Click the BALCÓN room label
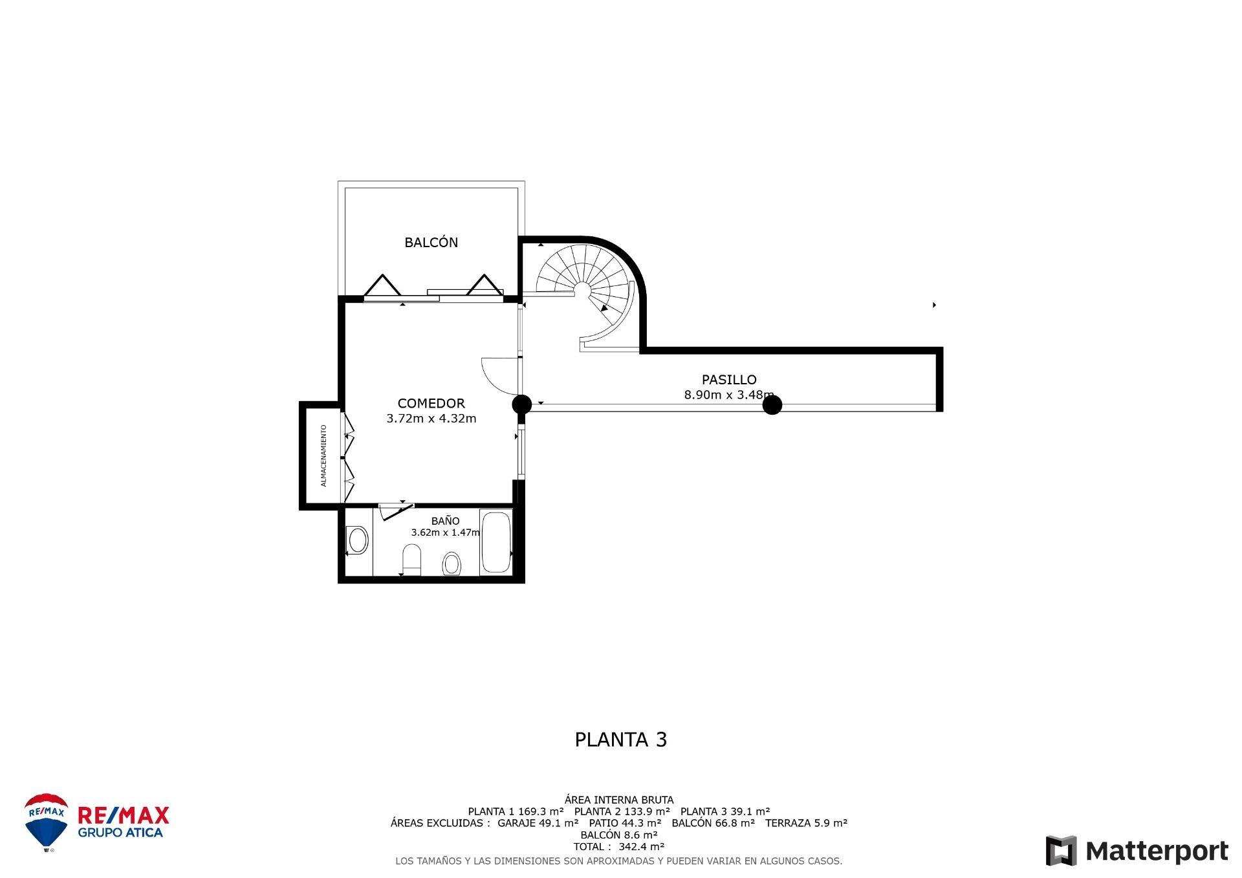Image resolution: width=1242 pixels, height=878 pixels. click(x=431, y=243)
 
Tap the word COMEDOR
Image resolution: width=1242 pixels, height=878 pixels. click(x=431, y=404)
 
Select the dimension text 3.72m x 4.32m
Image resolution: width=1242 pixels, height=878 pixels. click(x=431, y=419)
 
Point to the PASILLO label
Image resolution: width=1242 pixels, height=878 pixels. click(x=729, y=380)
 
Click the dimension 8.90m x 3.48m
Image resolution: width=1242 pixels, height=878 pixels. click(x=728, y=395)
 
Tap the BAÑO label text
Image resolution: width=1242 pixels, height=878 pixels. click(x=445, y=521)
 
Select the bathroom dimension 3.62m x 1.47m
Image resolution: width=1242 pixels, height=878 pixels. click(x=445, y=532)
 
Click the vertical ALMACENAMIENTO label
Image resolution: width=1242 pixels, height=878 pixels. click(x=323, y=455)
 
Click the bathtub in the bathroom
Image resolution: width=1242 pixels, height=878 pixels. click(x=496, y=542)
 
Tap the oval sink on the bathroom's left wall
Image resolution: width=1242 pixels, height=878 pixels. click(x=357, y=540)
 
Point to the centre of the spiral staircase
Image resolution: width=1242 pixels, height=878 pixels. click(x=582, y=289)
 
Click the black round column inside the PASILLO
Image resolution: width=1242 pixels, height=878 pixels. click(x=772, y=405)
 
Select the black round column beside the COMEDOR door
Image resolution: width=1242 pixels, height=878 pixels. click(x=521, y=405)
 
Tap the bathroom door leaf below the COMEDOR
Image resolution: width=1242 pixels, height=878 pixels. click(x=396, y=511)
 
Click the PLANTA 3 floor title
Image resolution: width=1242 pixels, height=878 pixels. click(x=620, y=740)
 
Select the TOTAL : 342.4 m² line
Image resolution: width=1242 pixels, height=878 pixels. click(x=618, y=846)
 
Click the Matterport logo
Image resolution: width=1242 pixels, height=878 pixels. click(x=1137, y=851)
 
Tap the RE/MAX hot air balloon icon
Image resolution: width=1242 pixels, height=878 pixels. click(x=46, y=822)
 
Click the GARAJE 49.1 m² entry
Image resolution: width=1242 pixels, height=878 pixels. click(x=538, y=823)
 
